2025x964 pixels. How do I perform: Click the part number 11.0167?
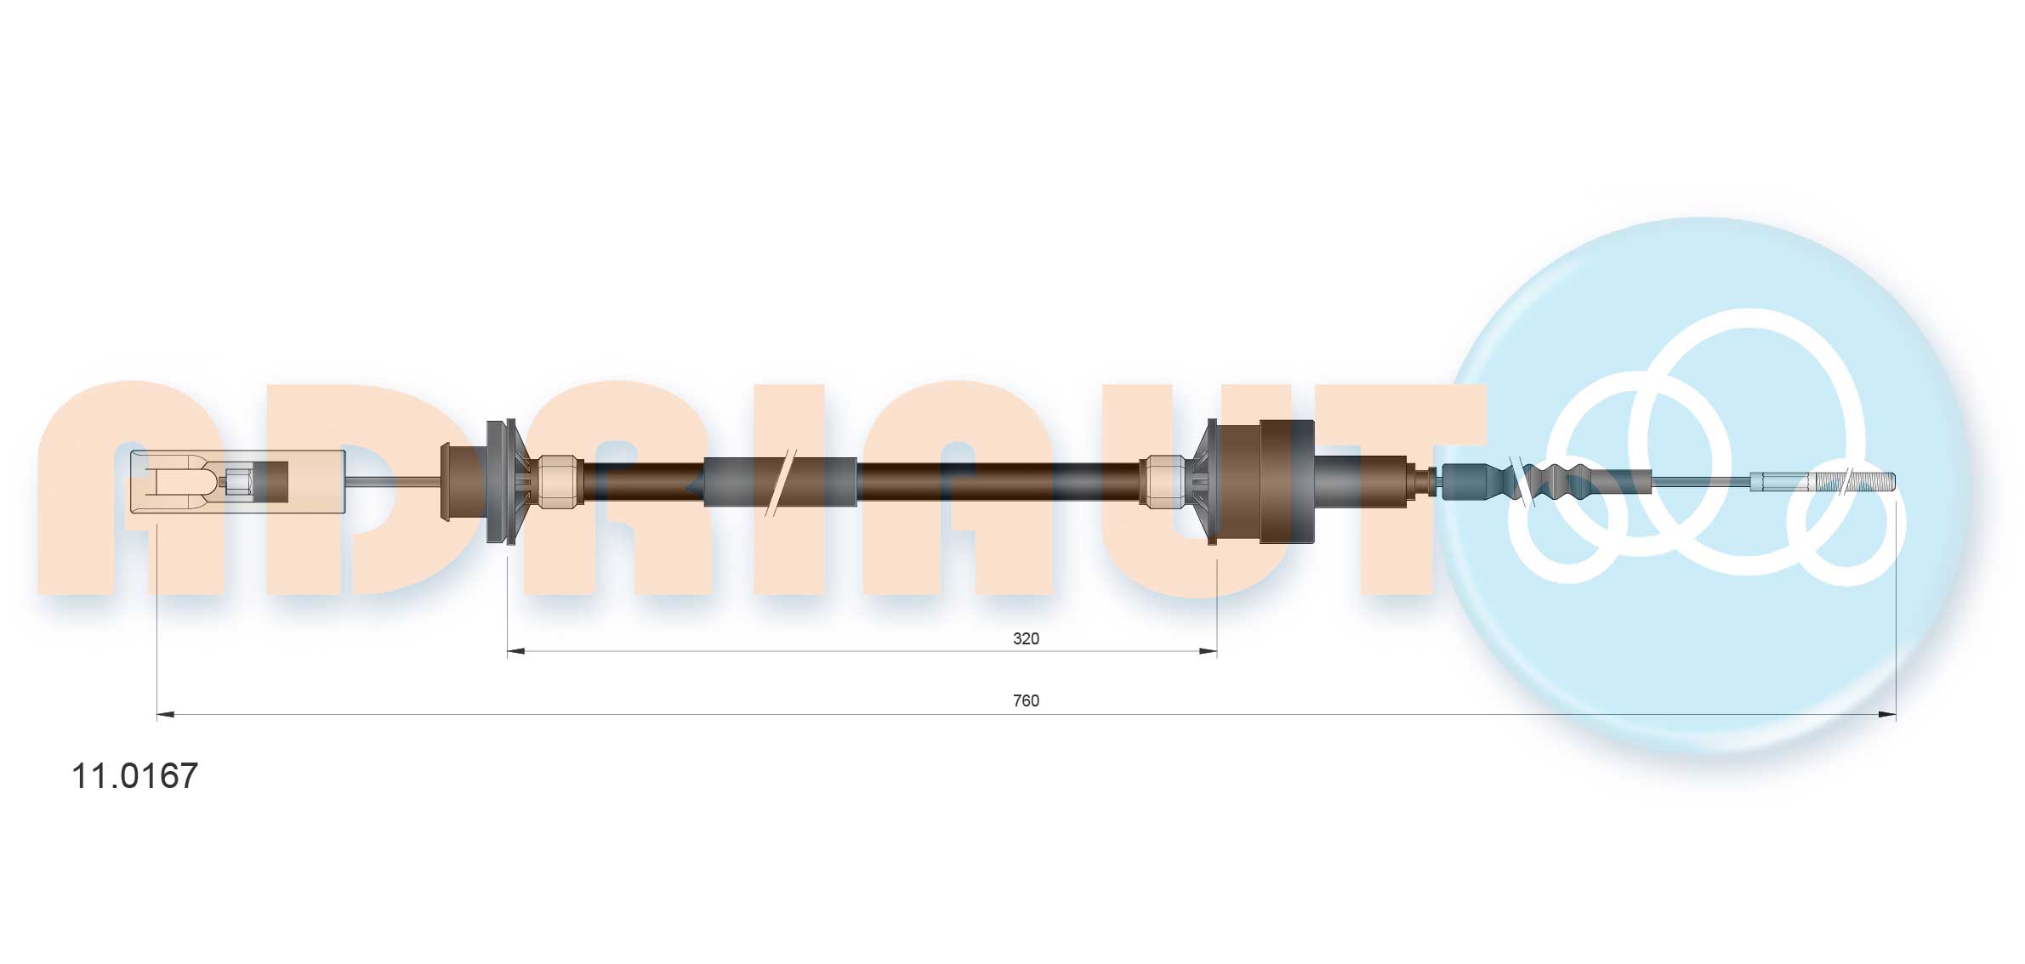tap(134, 776)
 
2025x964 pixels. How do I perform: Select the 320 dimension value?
tap(1026, 638)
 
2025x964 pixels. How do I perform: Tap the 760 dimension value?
tap(1026, 700)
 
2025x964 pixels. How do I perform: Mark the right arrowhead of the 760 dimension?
tap(1887, 715)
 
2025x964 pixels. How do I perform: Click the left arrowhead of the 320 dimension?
tap(515, 652)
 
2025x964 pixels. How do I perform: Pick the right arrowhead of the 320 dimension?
tap(1209, 652)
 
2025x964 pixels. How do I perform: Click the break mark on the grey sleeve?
tap(781, 482)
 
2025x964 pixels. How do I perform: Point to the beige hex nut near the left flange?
tap(558, 482)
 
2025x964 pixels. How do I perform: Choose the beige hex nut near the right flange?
tap(1163, 482)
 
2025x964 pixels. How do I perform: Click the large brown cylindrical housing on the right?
tap(1286, 481)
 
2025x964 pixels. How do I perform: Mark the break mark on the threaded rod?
tap(1846, 482)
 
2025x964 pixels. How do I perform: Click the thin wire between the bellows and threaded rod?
tap(1701, 481)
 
